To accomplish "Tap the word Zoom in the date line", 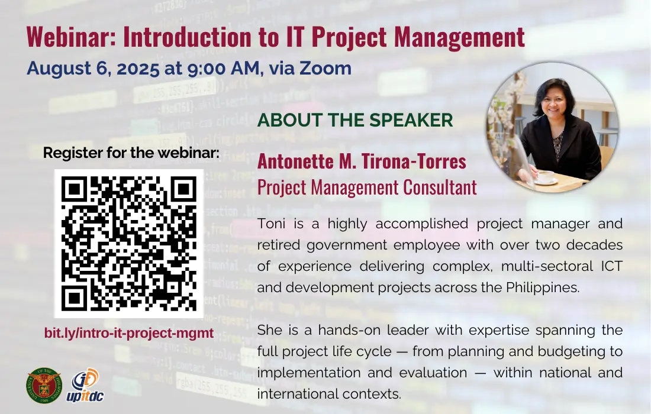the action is pyautogui.click(x=325, y=68).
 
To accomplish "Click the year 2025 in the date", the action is pyautogui.click(x=138, y=69).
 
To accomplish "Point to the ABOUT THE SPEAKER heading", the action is pyautogui.click(x=355, y=120).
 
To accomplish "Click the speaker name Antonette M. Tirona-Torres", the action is pyautogui.click(x=362, y=161).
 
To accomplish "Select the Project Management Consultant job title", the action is pyautogui.click(x=367, y=187).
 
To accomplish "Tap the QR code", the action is pyautogui.click(x=128, y=244).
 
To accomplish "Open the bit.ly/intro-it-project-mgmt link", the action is pyautogui.click(x=128, y=333).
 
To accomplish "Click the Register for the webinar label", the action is pyautogui.click(x=131, y=153).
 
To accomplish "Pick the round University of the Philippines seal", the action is pyautogui.click(x=44, y=386).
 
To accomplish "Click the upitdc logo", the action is pyautogui.click(x=85, y=386).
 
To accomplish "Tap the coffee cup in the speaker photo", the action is pyautogui.click(x=545, y=177).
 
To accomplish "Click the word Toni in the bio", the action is pyautogui.click(x=271, y=224).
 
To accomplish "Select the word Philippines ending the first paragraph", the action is pyautogui.click(x=543, y=287).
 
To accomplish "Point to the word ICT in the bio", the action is pyautogui.click(x=611, y=266).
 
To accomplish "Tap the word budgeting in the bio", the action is pyautogui.click(x=569, y=352).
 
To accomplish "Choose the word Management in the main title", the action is pyautogui.click(x=459, y=37).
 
